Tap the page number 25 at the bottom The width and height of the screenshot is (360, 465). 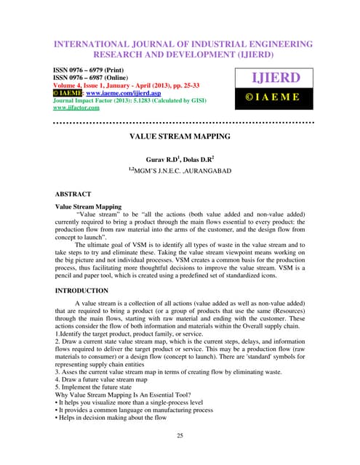(180, 435)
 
